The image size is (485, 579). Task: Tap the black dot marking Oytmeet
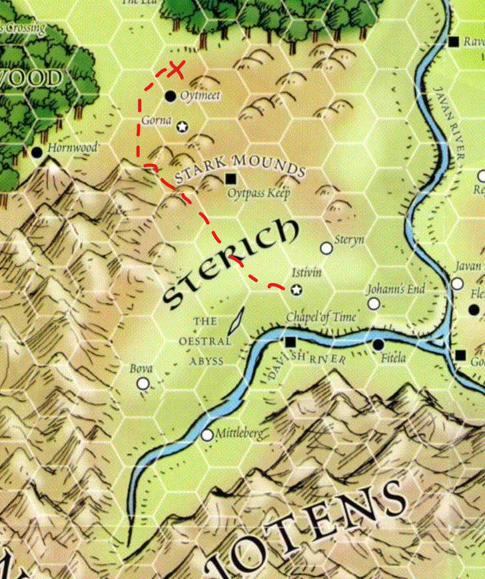[x=171, y=96]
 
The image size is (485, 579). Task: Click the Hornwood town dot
[x=37, y=153]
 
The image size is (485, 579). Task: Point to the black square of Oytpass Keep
[x=231, y=179]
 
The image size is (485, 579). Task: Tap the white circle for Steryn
[x=326, y=248]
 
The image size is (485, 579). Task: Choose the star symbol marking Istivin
[x=296, y=289]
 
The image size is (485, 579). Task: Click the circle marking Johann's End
[x=374, y=304]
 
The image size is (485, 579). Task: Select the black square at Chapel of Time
[x=290, y=342]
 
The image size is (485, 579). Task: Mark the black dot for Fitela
[x=378, y=344]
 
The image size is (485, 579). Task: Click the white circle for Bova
[x=143, y=383]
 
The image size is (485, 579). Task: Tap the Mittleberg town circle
[x=207, y=434]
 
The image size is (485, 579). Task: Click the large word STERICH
[x=230, y=265]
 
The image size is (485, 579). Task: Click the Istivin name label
[x=308, y=274]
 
